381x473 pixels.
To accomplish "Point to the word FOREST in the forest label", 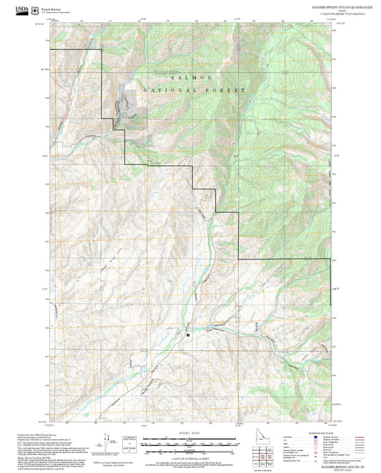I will (x=228, y=91).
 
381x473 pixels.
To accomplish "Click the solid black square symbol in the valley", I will (x=188, y=334).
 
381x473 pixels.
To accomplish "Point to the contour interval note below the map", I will (x=189, y=457).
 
